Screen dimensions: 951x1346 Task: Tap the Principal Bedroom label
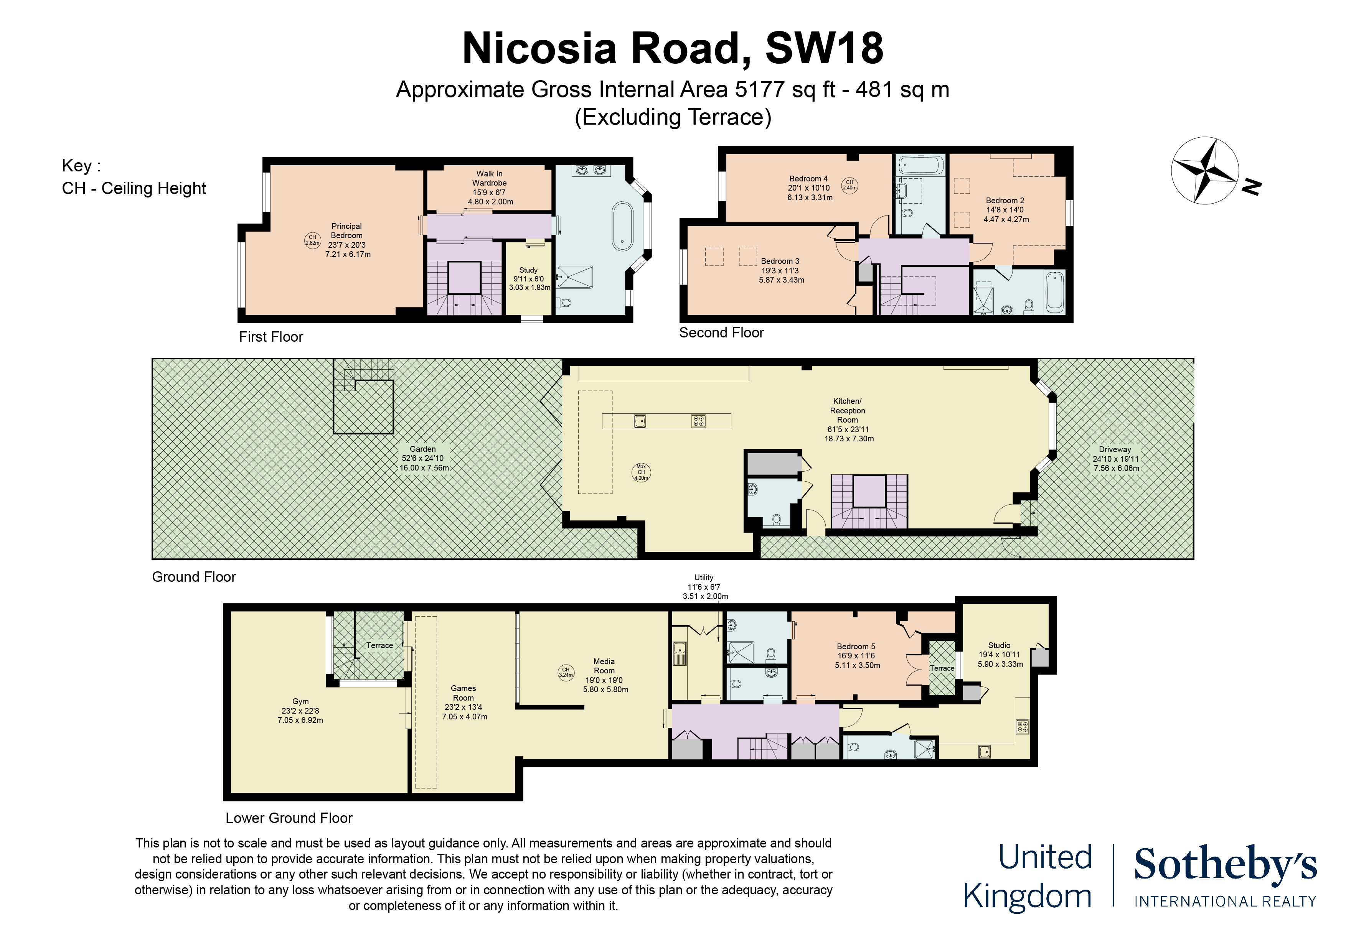[346, 231]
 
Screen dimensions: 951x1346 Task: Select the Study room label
[528, 270]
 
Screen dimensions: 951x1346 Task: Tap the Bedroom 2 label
[1005, 201]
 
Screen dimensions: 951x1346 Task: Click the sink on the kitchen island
[640, 421]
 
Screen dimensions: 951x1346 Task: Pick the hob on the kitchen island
[698, 421]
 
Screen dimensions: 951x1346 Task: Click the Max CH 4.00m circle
[641, 472]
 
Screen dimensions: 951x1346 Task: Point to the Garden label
[423, 449]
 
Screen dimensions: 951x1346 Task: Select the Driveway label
[1115, 449]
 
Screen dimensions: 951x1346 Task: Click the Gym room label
[300, 701]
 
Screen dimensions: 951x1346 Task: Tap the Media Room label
[604, 666]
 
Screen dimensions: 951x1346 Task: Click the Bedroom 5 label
[856, 646]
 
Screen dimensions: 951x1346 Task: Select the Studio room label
[999, 645]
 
